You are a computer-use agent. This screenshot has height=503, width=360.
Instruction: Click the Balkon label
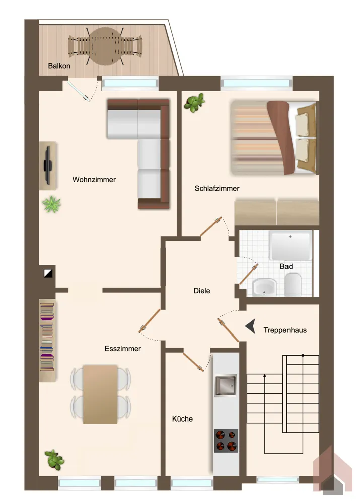59,66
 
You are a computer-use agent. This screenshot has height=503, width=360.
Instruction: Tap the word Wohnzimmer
94,180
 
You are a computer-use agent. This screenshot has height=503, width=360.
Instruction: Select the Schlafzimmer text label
217,188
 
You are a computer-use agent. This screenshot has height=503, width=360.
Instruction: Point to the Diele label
202,291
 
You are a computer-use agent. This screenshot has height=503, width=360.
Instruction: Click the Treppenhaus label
285,330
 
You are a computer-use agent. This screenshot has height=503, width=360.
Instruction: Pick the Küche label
182,418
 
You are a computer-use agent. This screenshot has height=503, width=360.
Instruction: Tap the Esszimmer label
123,349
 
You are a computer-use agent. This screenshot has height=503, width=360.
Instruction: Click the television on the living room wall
48,165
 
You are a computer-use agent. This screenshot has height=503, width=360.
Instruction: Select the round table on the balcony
105,46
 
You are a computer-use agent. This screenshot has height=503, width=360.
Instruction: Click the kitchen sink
226,385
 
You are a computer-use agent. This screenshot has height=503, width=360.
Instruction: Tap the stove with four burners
226,441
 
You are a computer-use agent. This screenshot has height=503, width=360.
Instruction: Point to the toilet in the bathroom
293,284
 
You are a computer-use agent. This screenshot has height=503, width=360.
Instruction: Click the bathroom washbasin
264,287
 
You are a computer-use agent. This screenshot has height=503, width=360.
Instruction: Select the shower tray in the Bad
291,245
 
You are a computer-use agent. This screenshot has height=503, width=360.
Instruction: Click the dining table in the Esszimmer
100,394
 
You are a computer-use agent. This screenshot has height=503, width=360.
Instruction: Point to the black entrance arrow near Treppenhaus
251,326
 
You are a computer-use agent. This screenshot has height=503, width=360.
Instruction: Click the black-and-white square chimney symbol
48,273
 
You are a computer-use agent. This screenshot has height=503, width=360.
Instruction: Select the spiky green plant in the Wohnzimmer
51,204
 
